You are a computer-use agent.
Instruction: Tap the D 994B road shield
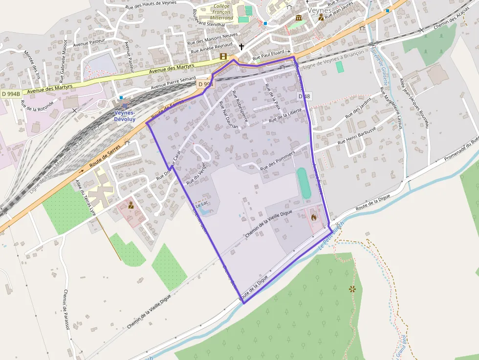[10, 93]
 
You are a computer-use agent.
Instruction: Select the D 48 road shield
[304, 97]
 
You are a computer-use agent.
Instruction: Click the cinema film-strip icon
[223, 57]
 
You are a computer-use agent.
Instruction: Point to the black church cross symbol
[241, 47]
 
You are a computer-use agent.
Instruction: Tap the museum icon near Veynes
[299, 18]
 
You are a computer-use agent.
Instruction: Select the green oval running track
[304, 183]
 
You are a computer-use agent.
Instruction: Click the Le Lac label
[202, 207]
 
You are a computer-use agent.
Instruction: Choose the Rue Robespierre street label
[240, 106]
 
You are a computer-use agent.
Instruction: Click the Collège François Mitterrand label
[223, 12]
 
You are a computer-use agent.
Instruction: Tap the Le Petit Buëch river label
[331, 236]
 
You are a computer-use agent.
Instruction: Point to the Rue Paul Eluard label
[271, 56]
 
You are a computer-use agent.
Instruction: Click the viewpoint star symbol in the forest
[352, 289]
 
